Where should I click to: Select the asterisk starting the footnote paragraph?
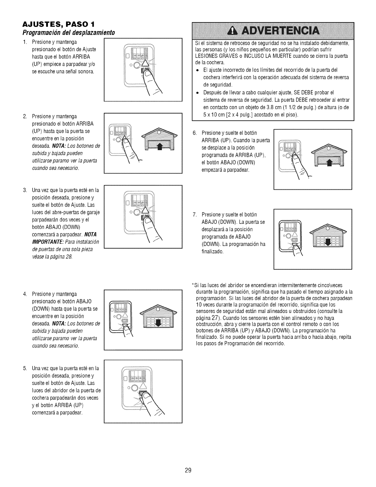point(192,285)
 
